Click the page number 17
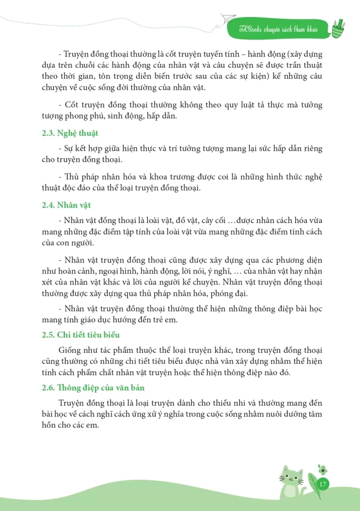pyautogui.click(x=322, y=484)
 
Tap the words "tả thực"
pyautogui.click(x=252, y=105)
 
